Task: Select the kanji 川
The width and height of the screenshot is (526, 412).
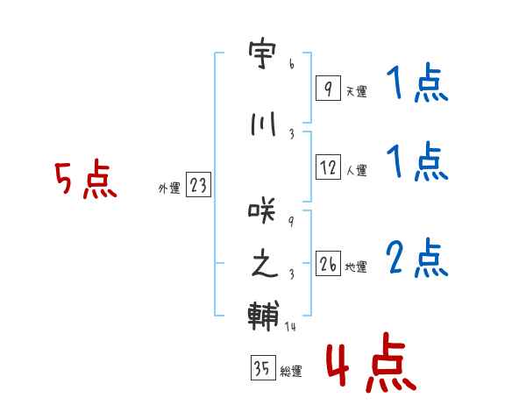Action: (263, 124)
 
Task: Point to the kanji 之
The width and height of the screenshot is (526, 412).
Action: (263, 265)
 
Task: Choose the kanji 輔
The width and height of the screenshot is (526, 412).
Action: (263, 316)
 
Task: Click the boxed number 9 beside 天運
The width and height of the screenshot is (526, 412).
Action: (328, 88)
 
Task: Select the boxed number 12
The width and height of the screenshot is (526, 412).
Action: (328, 167)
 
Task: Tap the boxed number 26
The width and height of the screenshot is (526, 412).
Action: (328, 264)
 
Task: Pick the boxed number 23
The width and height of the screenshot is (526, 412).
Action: (198, 185)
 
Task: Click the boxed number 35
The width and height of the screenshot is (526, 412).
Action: (262, 368)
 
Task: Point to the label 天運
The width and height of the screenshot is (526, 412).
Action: (357, 90)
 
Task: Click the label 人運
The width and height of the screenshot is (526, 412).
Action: (357, 170)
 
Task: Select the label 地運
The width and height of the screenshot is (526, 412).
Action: (357, 266)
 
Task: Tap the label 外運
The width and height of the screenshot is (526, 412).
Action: (169, 188)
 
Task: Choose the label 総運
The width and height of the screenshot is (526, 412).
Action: (291, 371)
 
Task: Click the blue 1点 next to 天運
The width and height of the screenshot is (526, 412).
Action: (416, 85)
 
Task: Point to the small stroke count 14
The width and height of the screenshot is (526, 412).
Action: (291, 326)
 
